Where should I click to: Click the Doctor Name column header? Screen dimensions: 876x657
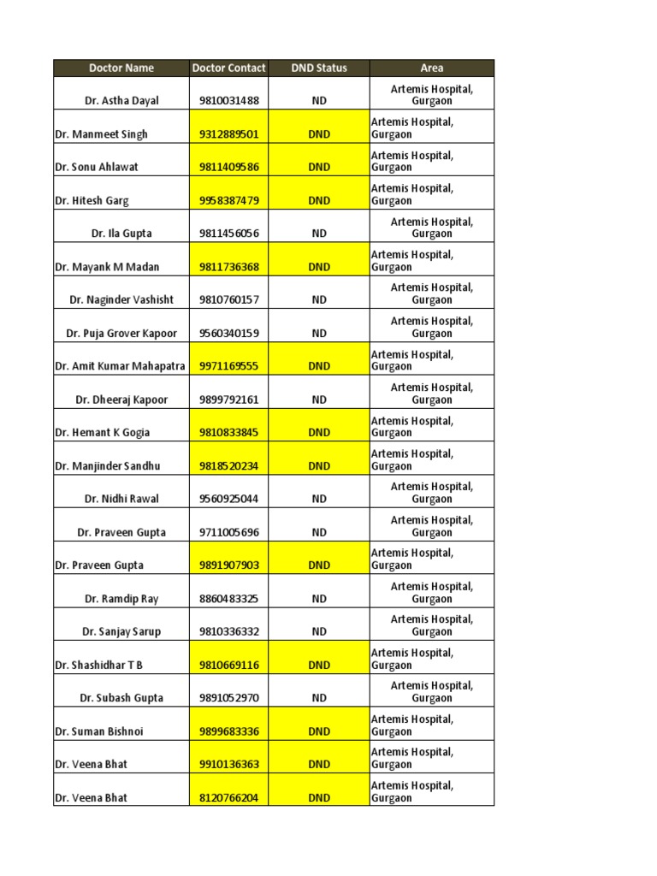tap(121, 68)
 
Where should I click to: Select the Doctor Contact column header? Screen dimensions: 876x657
tap(228, 68)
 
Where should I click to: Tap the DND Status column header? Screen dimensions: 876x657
tap(319, 68)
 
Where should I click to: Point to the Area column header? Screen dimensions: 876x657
tap(432, 68)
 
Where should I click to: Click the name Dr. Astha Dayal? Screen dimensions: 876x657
tap(121, 101)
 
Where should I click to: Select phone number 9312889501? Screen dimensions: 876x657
tap(228, 134)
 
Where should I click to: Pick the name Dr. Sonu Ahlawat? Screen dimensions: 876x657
tap(97, 168)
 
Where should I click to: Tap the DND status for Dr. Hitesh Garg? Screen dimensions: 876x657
tap(319, 201)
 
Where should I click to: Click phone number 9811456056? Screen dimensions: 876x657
tap(228, 234)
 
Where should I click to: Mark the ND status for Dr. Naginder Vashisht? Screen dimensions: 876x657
tap(319, 300)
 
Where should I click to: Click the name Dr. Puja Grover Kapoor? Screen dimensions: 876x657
tap(121, 334)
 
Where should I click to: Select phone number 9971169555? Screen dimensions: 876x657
tap(228, 366)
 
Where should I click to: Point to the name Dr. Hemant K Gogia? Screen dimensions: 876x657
tap(102, 433)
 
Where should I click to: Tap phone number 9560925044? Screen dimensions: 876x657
tap(228, 499)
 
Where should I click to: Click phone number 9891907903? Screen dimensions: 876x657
tap(228, 565)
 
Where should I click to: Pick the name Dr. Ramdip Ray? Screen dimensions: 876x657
tap(121, 599)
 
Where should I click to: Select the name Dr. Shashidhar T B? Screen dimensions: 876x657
tap(99, 665)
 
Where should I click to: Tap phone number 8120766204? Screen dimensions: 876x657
tap(228, 798)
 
